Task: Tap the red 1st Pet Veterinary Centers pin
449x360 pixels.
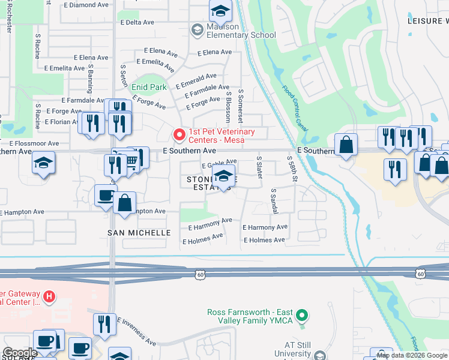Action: point(178,133)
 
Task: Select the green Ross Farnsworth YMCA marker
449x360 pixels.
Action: point(303,314)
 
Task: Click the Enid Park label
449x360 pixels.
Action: point(149,87)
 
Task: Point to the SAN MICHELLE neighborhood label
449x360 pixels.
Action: point(139,232)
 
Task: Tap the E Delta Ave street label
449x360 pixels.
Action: point(137,22)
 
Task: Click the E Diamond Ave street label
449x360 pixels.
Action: point(89,5)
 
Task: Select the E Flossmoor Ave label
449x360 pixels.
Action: point(34,143)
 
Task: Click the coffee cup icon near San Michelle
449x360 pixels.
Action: point(106,196)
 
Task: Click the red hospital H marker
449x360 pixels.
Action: point(49,296)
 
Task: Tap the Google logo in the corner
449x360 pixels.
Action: point(20,352)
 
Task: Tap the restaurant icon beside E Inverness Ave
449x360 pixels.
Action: point(105,325)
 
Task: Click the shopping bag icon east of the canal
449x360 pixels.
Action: point(346,145)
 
